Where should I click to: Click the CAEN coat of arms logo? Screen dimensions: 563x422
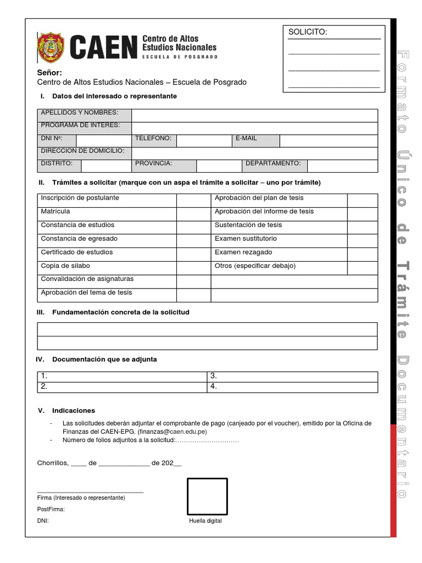[51, 47]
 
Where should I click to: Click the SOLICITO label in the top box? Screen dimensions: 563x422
[308, 32]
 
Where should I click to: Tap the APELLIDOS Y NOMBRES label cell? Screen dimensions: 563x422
[85, 114]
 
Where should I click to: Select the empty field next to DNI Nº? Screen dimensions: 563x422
[104, 140]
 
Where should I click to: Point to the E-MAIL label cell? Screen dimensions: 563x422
[256, 140]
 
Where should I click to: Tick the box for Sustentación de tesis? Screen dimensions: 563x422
[362, 227]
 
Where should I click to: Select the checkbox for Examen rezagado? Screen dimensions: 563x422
[362, 255]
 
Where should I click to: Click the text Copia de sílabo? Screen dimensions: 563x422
[69, 266]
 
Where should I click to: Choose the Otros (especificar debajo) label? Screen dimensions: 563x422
[255, 266]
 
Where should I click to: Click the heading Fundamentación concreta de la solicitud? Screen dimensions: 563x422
[120, 312]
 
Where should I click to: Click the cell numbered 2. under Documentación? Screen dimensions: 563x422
[121, 387]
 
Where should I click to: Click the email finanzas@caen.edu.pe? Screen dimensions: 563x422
[172, 432]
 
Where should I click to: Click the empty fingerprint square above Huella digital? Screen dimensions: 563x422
[207, 497]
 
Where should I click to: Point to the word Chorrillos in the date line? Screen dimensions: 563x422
[53, 463]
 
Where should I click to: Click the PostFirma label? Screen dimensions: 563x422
[51, 509]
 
